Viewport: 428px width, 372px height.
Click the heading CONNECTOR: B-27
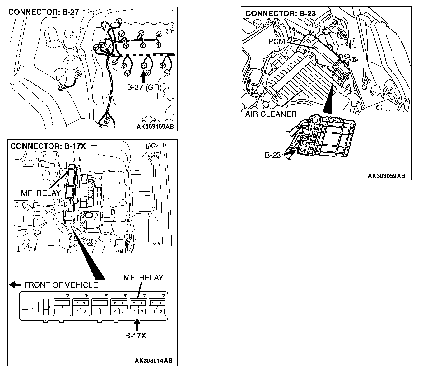(43, 12)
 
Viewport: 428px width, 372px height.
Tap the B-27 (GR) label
(144, 87)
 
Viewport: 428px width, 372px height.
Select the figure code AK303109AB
(155, 127)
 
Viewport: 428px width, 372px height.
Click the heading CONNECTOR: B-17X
(48, 146)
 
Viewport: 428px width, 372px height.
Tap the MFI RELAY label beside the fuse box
(41, 193)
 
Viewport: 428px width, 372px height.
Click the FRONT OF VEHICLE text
(61, 285)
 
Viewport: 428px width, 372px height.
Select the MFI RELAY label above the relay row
(143, 277)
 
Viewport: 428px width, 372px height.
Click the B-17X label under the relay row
(136, 336)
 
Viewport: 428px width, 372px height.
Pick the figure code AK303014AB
(153, 361)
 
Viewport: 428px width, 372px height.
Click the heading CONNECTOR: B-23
(280, 13)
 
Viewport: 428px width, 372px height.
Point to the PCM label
(277, 41)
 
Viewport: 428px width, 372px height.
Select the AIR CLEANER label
(271, 114)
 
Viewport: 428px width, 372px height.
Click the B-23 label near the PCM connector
(273, 155)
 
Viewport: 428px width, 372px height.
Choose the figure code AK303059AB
(386, 176)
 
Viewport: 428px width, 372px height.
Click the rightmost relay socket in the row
(157, 307)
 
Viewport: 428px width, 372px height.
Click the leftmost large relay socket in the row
(62, 307)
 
